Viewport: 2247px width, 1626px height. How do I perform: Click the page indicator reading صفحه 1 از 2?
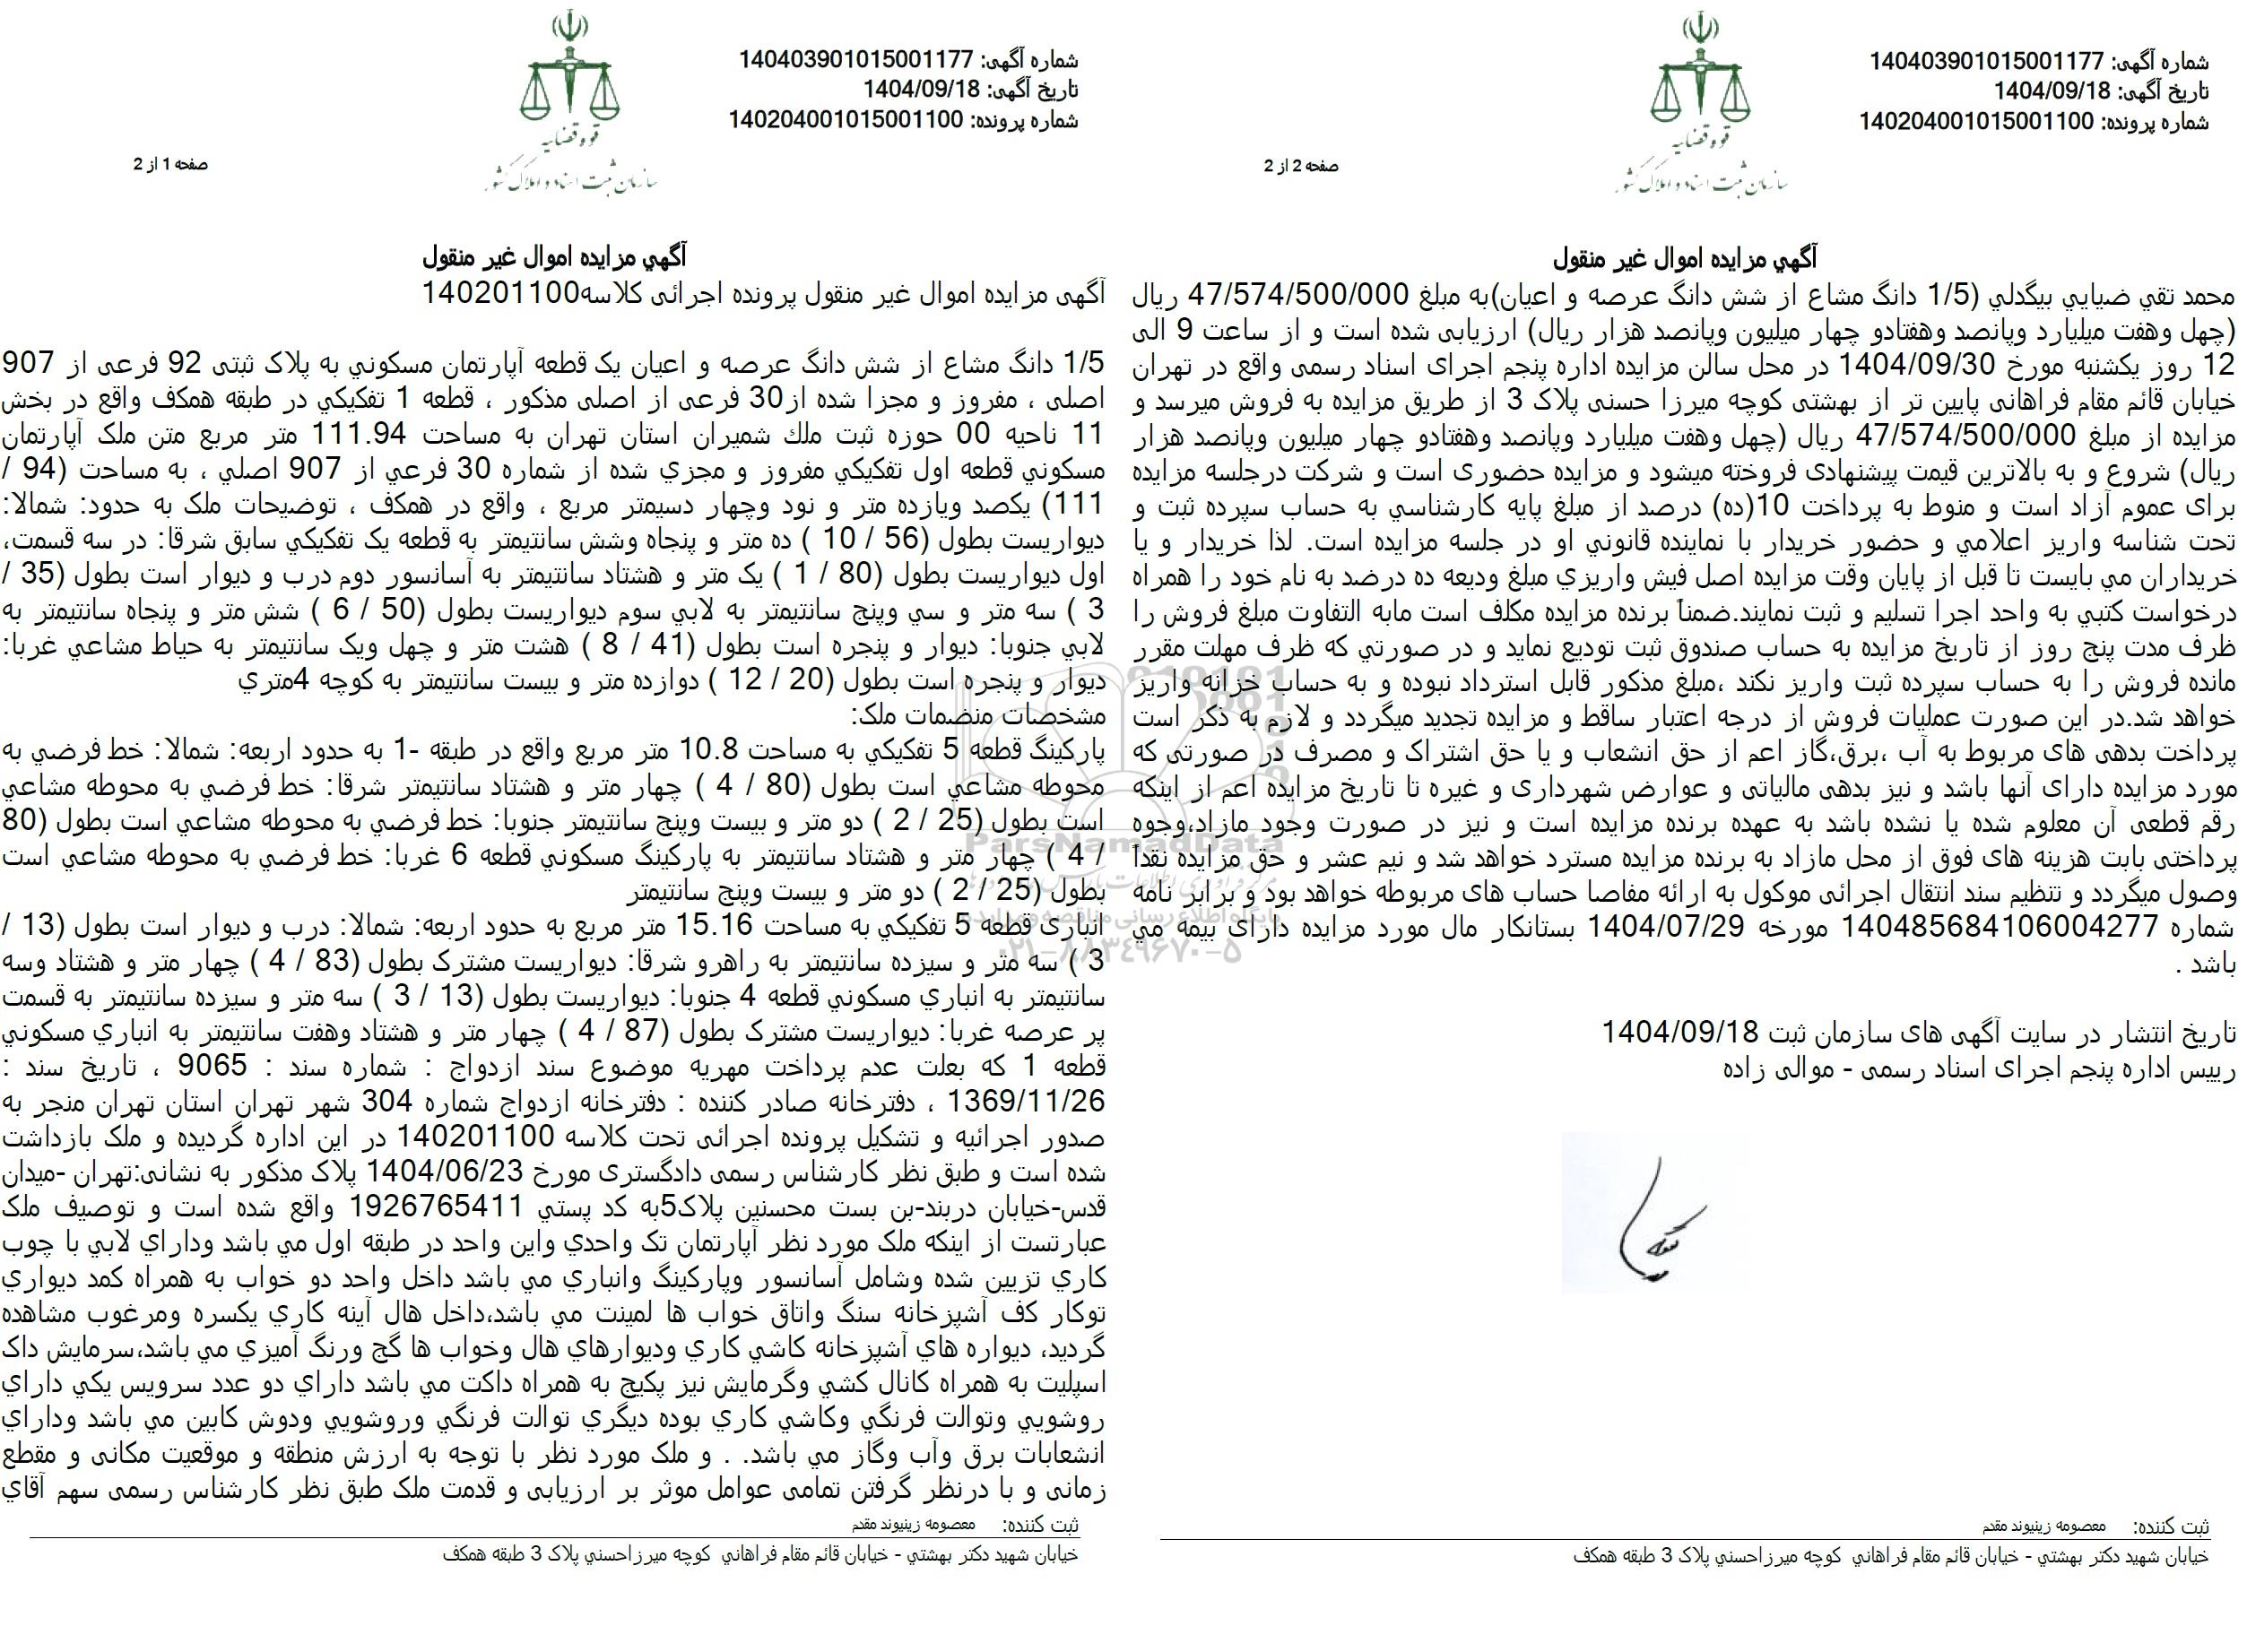coord(172,165)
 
